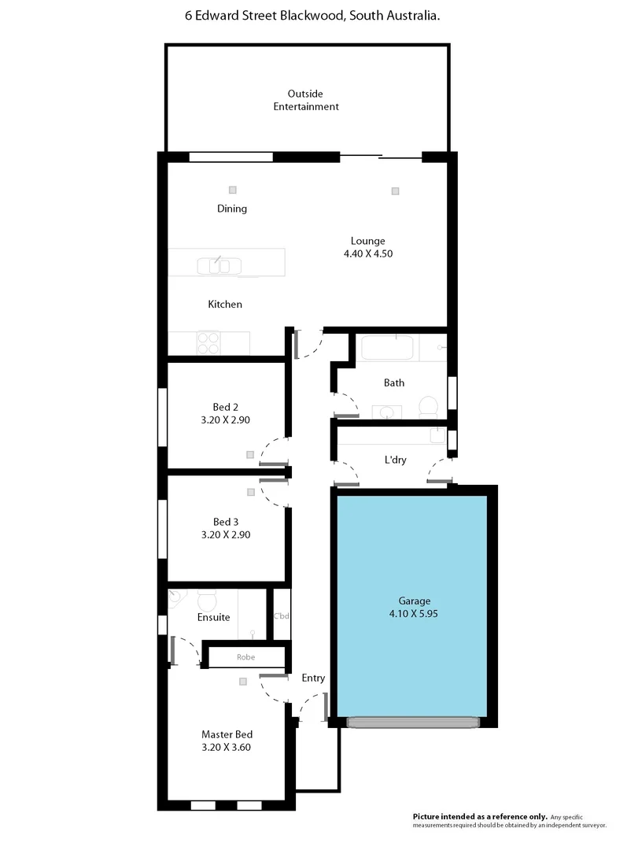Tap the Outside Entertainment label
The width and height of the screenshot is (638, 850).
pos(306,100)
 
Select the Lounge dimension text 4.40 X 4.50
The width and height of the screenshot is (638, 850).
pos(367,253)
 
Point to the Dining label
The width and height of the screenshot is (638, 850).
pos(232,209)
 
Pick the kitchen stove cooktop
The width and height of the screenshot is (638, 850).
pos(208,342)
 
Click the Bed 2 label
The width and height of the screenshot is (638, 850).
pos(226,407)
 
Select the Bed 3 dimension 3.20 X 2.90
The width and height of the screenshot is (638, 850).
pos(226,534)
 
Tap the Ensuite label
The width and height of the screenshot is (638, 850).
pos(213,617)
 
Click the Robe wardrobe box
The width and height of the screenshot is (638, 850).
pos(245,656)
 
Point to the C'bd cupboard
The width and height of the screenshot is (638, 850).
pos(282,615)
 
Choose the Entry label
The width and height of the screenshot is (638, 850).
pos(313,678)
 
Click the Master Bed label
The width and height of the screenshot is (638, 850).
pos(226,734)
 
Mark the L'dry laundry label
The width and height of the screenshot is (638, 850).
pos(395,460)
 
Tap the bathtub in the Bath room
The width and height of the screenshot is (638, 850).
pos(385,348)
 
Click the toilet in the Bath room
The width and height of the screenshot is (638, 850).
pos(428,406)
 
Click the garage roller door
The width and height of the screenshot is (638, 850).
pos(413,722)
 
